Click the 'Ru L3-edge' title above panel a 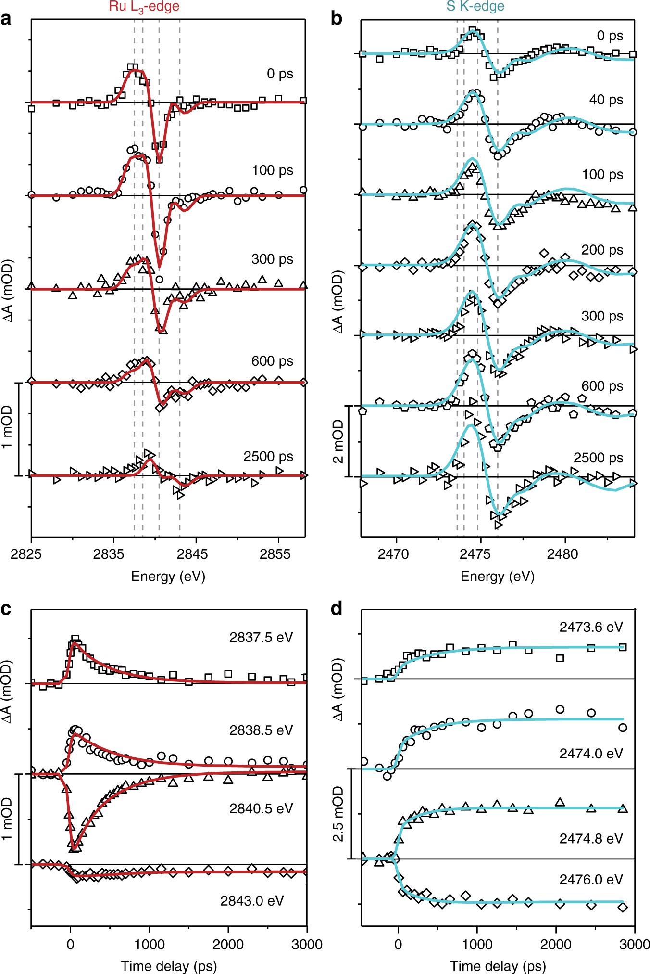tap(144, 7)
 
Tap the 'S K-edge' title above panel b tap(475, 6)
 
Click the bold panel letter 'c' tap(6, 609)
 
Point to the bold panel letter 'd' tap(337, 609)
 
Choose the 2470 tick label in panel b tap(393, 554)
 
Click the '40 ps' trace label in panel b tap(606, 100)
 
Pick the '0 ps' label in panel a tap(280, 74)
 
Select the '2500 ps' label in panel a tap(268, 456)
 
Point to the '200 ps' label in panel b tap(602, 250)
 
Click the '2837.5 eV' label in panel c tap(261, 637)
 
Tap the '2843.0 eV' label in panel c tap(252, 900)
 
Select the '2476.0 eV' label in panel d tap(591, 879)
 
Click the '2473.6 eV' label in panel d tap(591, 627)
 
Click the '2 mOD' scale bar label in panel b tap(338, 441)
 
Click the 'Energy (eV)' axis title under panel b tap(497, 576)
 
